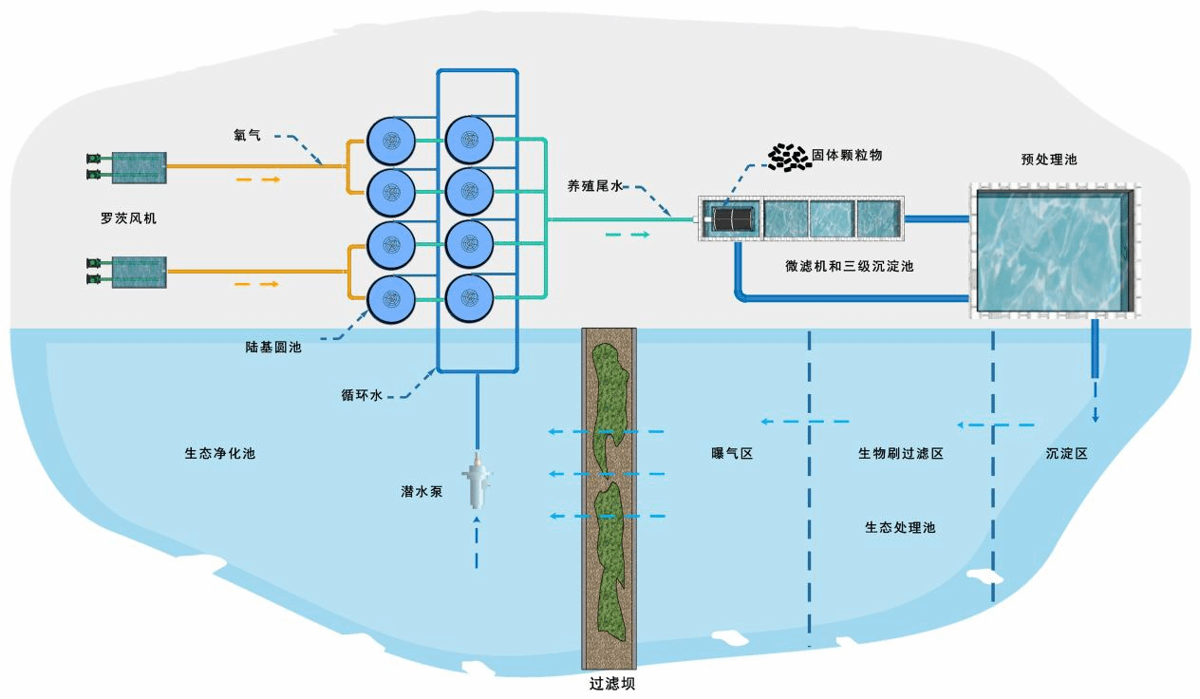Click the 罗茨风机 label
pos(128,218)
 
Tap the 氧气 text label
pos(247,136)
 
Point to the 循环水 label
pos(362,395)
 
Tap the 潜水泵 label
pos(422,492)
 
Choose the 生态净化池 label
pos(219,453)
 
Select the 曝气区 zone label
pos(732,454)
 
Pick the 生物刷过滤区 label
pos(900,454)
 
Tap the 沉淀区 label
pos(1066,454)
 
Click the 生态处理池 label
pos(900,526)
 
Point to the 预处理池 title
pos(1049,160)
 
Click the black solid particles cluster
pos(788,159)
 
